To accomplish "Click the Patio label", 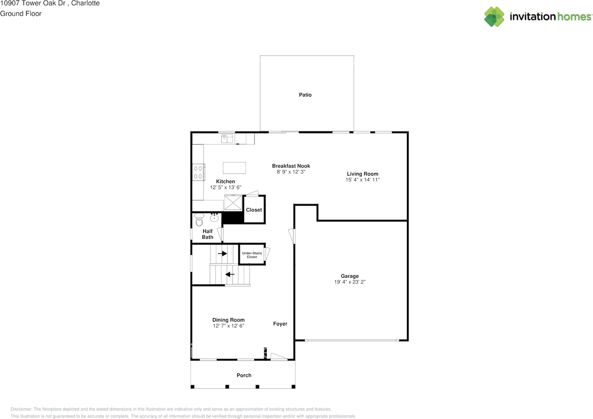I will (305, 95).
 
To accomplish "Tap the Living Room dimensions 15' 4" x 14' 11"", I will (362, 180).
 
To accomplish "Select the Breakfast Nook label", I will (291, 166).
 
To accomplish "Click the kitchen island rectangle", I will (234, 167).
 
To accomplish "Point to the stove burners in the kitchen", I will (198, 172).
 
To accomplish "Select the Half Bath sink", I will (214, 218).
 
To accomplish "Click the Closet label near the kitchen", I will (254, 210).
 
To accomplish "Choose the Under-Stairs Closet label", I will (252, 255).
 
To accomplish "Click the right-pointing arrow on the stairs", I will (222, 254).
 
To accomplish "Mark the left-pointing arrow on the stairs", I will (230, 274).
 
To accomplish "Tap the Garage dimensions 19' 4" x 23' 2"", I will (350, 282).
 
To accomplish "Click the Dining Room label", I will (228, 320).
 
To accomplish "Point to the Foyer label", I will (280, 324).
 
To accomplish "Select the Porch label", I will (244, 375).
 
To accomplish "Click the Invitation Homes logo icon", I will (494, 17).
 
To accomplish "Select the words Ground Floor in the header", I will (21, 13).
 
